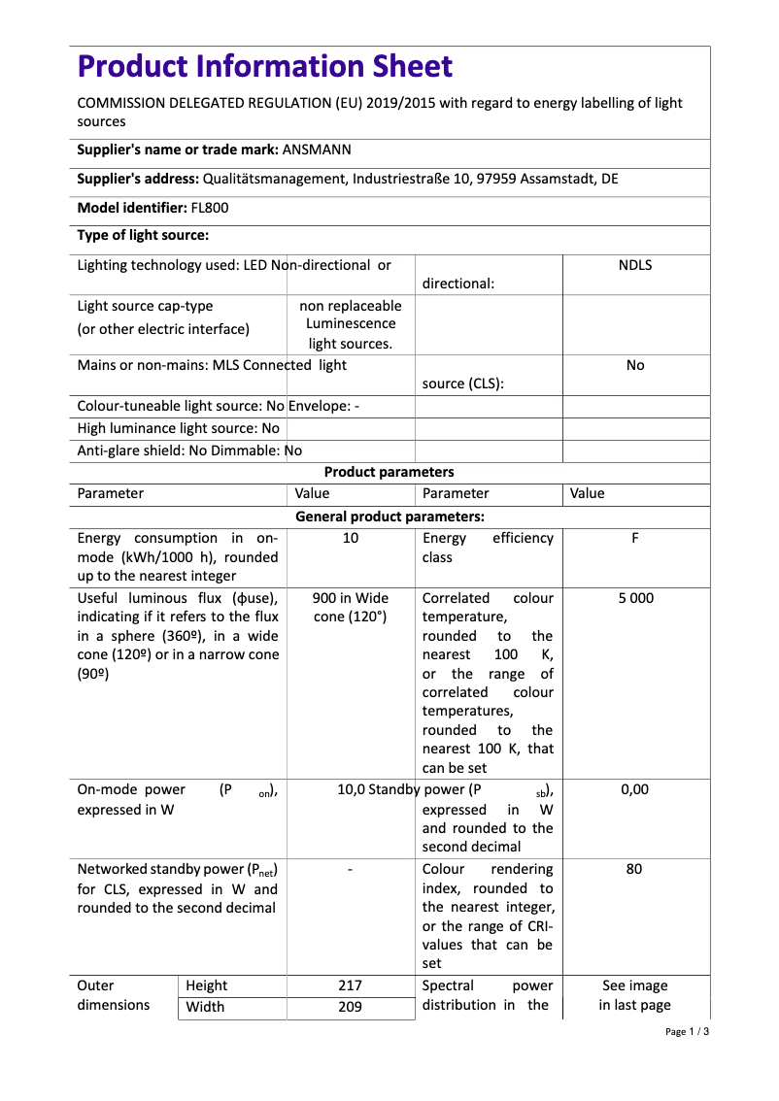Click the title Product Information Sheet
coord(264,67)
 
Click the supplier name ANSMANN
coord(317,150)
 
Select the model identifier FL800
coord(210,208)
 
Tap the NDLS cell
coord(634,265)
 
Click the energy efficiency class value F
coord(634,538)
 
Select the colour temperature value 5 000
coord(635,598)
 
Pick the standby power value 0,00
coord(634,789)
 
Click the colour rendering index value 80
coord(634,869)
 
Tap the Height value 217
coord(350,985)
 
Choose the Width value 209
coord(350,1007)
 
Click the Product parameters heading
coord(389,472)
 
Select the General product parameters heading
coord(389,517)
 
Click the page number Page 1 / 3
coord(688,1031)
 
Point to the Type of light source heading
coord(143,235)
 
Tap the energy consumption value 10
coord(350,538)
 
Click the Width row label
coord(205,1007)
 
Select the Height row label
coord(207,985)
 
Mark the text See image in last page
coord(634,995)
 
